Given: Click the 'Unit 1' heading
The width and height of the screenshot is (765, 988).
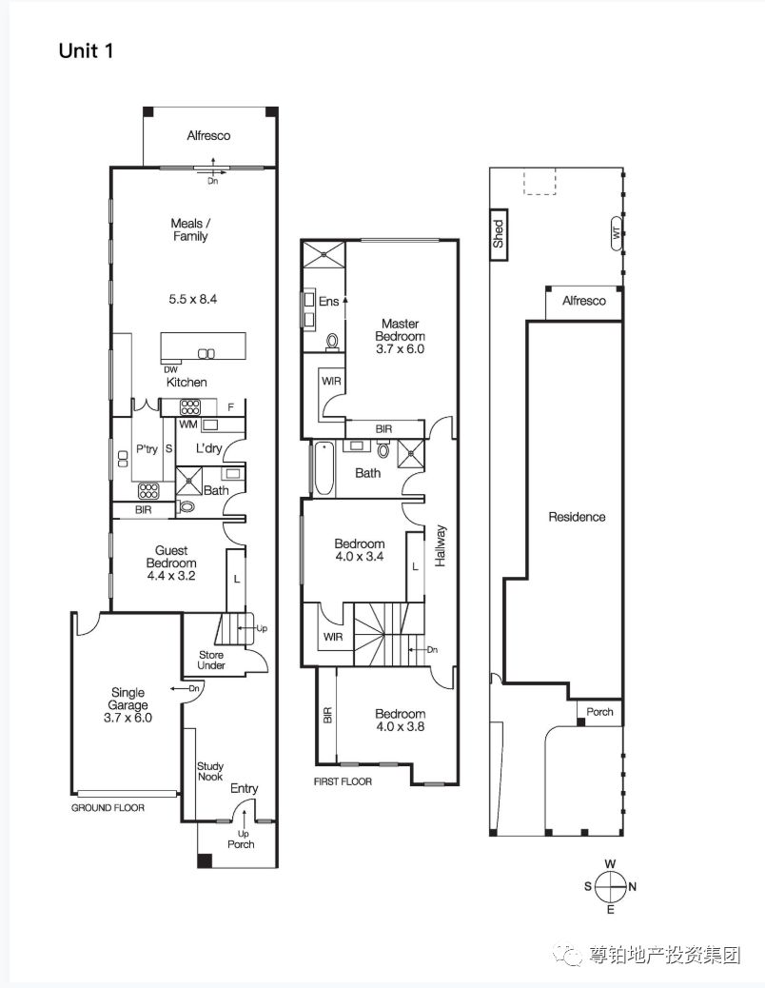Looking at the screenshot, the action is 86,50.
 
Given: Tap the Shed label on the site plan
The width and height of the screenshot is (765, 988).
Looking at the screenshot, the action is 499,233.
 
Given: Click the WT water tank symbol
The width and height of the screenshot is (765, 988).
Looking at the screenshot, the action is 617,233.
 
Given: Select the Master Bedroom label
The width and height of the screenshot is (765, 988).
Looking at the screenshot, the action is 400,330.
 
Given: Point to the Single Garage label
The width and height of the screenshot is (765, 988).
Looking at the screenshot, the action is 127,699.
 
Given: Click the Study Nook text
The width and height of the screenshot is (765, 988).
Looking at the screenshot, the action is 210,771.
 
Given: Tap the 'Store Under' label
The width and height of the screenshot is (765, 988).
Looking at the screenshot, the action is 211,660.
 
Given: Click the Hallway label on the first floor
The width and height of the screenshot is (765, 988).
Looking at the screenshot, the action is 441,545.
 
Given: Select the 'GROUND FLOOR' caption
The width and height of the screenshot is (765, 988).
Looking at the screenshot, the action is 108,808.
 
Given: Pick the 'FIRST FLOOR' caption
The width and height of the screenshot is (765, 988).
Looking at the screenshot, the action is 343,781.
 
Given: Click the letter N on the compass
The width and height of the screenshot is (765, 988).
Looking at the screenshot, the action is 632,886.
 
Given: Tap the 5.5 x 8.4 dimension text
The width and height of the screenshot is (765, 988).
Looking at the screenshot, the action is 192,299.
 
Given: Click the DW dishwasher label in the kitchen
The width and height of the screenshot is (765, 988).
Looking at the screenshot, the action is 170,370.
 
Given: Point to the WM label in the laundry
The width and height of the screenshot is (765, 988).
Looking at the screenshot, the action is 188,425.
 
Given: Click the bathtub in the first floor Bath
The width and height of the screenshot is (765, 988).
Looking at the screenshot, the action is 323,468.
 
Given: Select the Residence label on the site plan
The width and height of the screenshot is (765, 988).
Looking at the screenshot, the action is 577,517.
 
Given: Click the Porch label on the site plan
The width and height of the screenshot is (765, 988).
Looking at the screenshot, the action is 599,712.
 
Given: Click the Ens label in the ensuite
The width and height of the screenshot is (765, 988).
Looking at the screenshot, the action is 328,301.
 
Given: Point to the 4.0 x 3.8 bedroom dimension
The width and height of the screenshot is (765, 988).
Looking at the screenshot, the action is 400,726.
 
